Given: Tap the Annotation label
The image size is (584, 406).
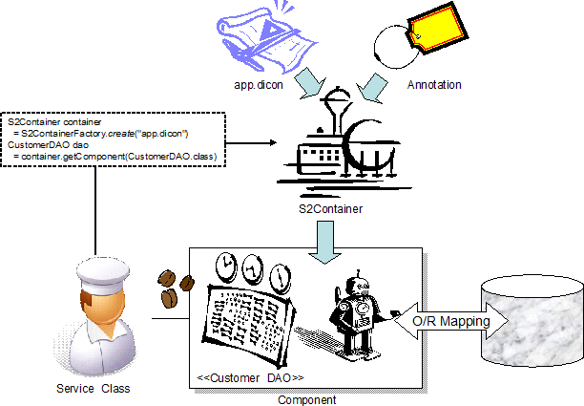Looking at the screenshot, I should (434, 85).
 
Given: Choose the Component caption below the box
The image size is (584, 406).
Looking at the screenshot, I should (305, 399).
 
